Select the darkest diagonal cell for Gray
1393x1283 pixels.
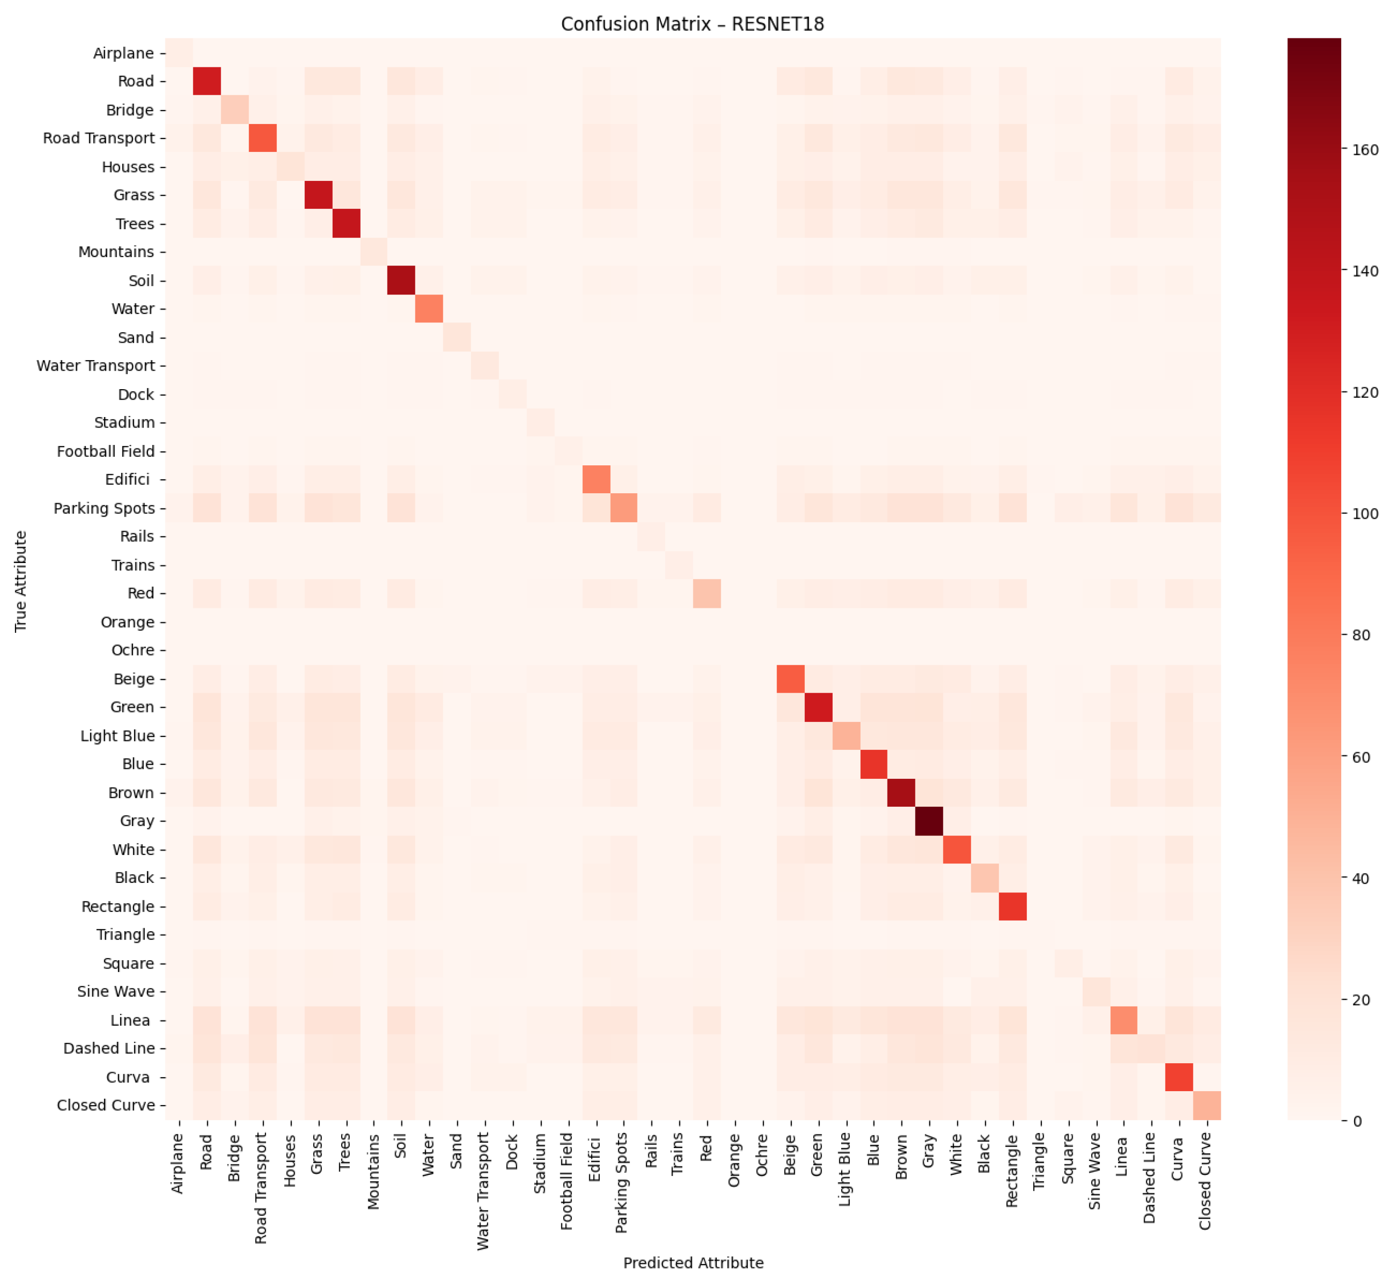929,821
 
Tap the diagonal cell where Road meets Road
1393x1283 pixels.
206,81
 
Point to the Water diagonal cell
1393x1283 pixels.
429,309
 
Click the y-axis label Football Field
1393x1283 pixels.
106,451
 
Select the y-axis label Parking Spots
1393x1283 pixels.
104,508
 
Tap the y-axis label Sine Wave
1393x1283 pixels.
116,992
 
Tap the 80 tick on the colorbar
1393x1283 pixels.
1360,635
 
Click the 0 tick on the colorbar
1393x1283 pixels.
1356,1121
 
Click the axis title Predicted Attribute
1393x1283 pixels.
693,1263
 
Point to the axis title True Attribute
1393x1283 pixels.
21,581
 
